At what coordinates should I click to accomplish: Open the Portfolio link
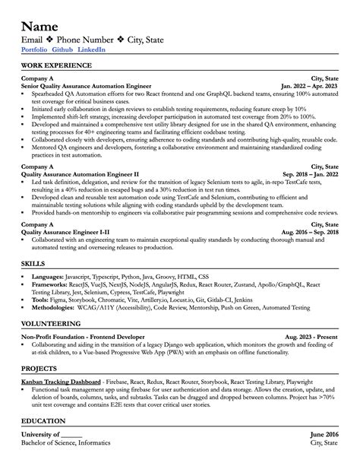(34, 49)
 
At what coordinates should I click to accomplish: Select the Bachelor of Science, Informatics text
(67, 442)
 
